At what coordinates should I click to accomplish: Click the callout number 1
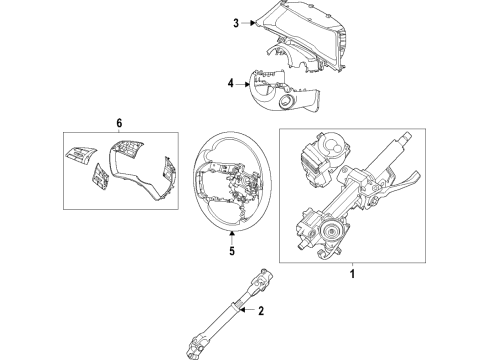[x=352, y=274]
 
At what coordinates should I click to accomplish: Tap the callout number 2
[x=261, y=311]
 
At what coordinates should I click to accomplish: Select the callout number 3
[x=236, y=23]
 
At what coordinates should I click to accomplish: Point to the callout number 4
[x=231, y=83]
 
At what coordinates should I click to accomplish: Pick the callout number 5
[x=232, y=251]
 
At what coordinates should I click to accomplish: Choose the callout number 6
[x=119, y=123]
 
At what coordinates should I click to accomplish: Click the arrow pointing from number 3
[x=248, y=23]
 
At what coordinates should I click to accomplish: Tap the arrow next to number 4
[x=242, y=84]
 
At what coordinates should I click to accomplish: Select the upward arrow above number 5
[x=232, y=238]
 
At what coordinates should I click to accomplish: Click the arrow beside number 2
[x=247, y=310]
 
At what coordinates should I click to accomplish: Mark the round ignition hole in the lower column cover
[x=286, y=100]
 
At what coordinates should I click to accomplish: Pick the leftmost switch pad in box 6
[x=81, y=155]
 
